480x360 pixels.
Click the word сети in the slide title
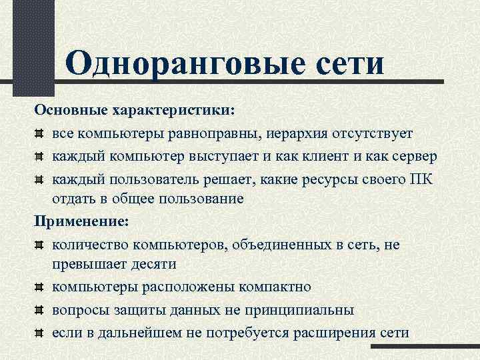tap(351, 64)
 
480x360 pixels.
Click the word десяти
tap(154, 264)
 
